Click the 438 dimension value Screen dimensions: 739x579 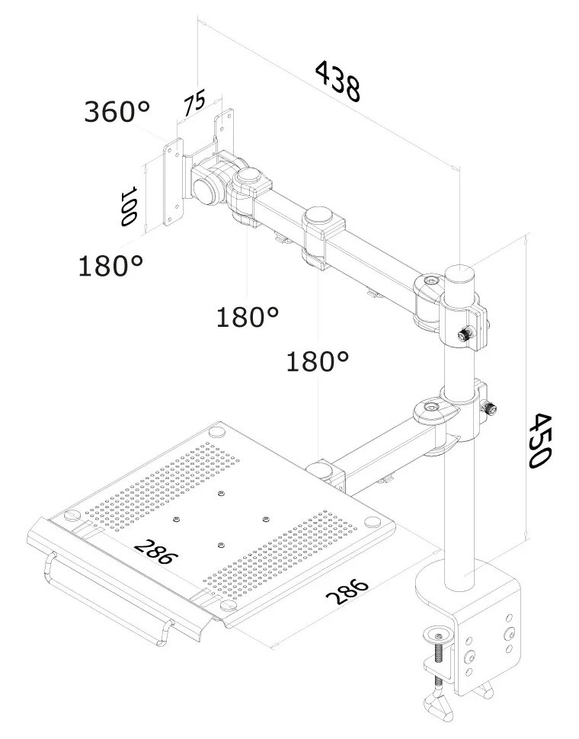pos(337,82)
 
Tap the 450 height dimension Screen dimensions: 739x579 pos(539,440)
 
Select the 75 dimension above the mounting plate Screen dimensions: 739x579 pos(194,104)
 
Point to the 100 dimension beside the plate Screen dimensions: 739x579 pos(127,205)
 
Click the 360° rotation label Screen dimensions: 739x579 pos(117,112)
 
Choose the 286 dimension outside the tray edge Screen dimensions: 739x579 pos(347,593)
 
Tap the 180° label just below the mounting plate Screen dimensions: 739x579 pos(110,266)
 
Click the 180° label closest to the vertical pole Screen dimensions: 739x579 pos(318,362)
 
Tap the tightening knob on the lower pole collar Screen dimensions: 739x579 pos(487,411)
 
